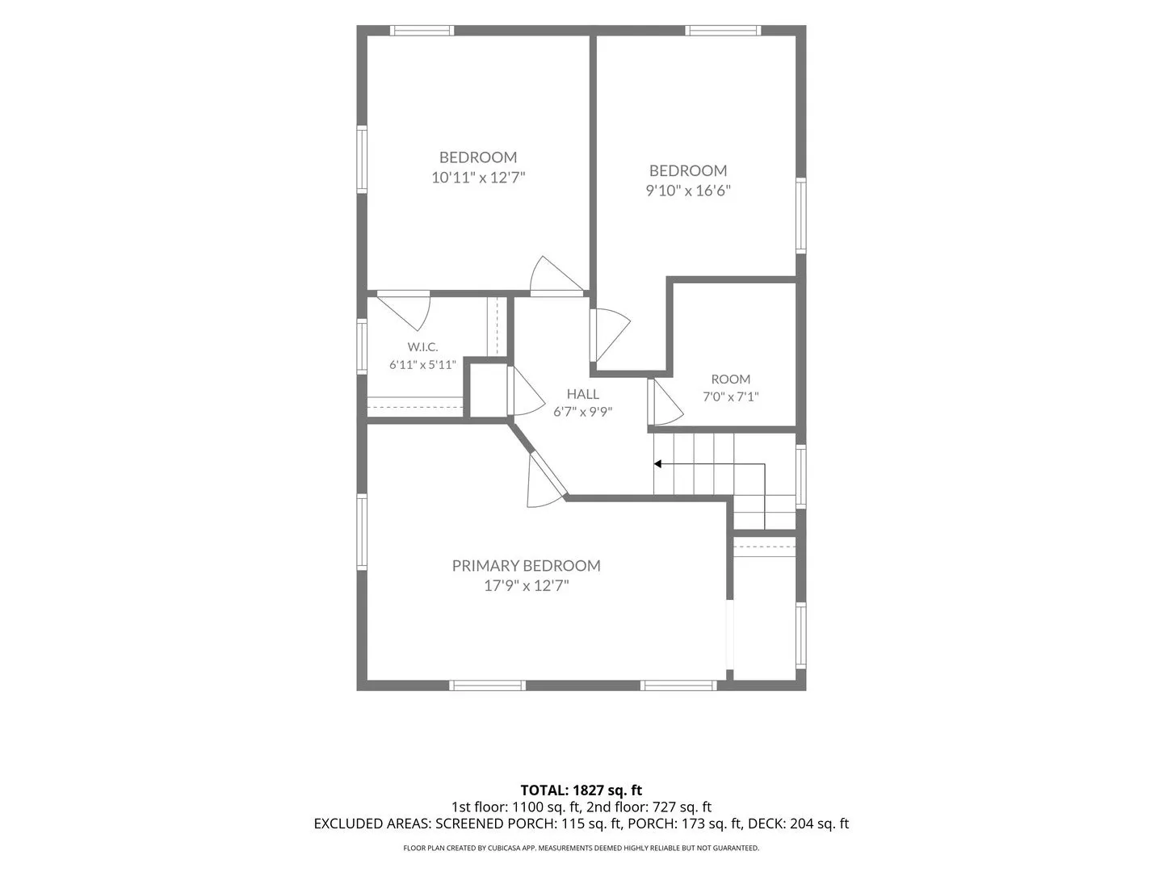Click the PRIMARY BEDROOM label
[x=526, y=565]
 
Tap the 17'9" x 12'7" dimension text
[x=526, y=585]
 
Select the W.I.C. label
[x=422, y=347]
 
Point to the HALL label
[x=583, y=394]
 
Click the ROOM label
[x=731, y=379]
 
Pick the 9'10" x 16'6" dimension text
[x=688, y=190]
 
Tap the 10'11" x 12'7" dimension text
[x=478, y=177]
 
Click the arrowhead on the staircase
[x=657, y=463]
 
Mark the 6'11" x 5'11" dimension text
[x=422, y=365]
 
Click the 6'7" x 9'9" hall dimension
[x=583, y=412]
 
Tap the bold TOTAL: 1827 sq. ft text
[x=581, y=790]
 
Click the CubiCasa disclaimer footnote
[x=581, y=848]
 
